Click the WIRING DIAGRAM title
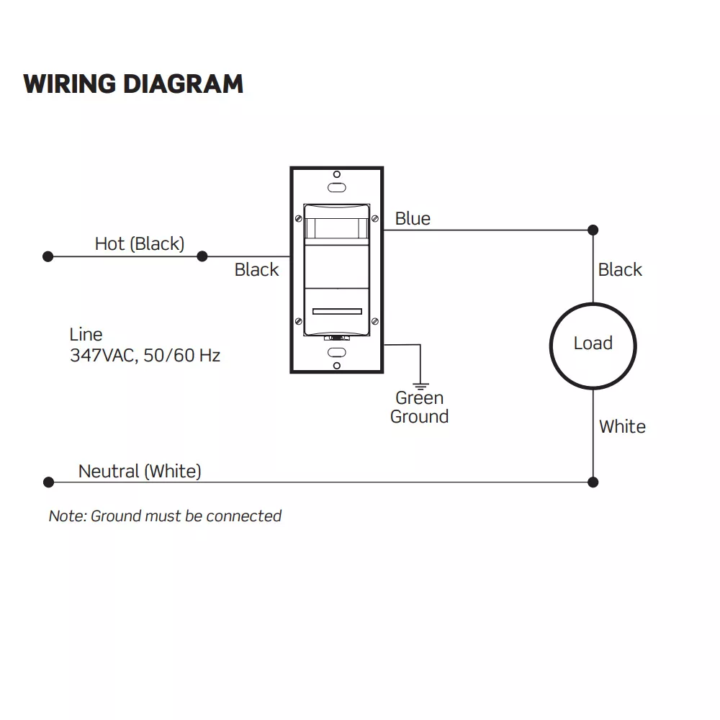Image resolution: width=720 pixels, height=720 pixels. click(x=133, y=84)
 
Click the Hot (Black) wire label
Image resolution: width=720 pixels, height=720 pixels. click(x=139, y=243)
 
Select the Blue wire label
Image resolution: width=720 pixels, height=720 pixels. click(x=413, y=218)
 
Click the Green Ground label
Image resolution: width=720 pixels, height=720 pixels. click(x=419, y=407)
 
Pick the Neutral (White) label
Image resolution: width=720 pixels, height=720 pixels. click(x=140, y=471)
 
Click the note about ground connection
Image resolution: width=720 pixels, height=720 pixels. click(x=165, y=516)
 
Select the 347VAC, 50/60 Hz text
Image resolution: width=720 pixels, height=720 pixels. click(x=145, y=355)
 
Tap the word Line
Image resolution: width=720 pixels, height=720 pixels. click(x=86, y=334)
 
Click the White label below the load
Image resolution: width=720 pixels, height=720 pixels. click(x=622, y=426)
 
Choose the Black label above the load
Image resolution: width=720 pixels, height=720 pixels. click(x=620, y=269)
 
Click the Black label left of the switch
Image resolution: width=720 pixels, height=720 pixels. click(x=256, y=269)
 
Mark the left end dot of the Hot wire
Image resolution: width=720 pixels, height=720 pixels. click(x=48, y=256)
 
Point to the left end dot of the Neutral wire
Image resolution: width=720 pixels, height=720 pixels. click(x=48, y=482)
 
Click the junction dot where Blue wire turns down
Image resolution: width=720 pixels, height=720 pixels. click(x=593, y=230)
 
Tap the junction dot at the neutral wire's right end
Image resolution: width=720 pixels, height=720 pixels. click(x=593, y=482)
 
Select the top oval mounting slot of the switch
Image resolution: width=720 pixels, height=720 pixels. click(x=336, y=187)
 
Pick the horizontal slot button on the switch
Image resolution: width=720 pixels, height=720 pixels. click(x=337, y=312)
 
